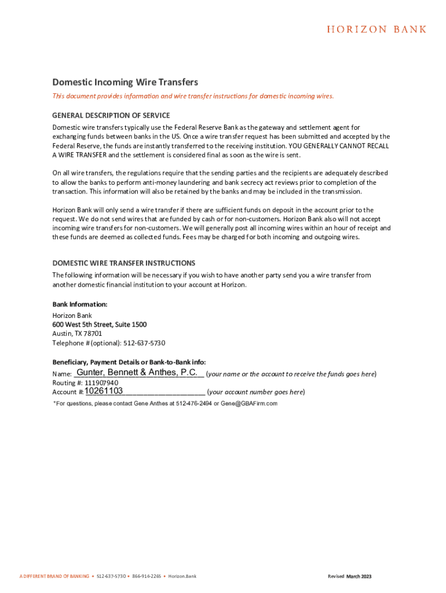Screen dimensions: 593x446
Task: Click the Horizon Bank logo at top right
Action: coord(376,29)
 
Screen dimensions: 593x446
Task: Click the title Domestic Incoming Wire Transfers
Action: coord(125,82)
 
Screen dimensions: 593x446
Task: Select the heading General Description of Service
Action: coord(111,115)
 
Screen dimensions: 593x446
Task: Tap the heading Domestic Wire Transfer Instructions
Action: coord(124,263)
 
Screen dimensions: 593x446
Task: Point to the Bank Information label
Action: coord(80,304)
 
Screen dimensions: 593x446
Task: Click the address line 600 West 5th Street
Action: coord(100,324)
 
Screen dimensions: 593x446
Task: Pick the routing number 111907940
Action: coord(101,383)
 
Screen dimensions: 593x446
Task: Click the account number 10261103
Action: coord(104,391)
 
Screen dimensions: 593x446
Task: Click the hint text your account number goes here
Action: coord(255,392)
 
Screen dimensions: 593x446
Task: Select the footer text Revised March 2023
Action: coord(349,576)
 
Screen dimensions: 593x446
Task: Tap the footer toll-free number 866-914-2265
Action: coord(147,576)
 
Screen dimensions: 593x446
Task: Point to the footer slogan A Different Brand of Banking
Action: coord(54,576)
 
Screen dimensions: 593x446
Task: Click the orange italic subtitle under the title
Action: coord(193,96)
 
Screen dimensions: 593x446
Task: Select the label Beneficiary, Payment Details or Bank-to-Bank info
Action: coord(129,362)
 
